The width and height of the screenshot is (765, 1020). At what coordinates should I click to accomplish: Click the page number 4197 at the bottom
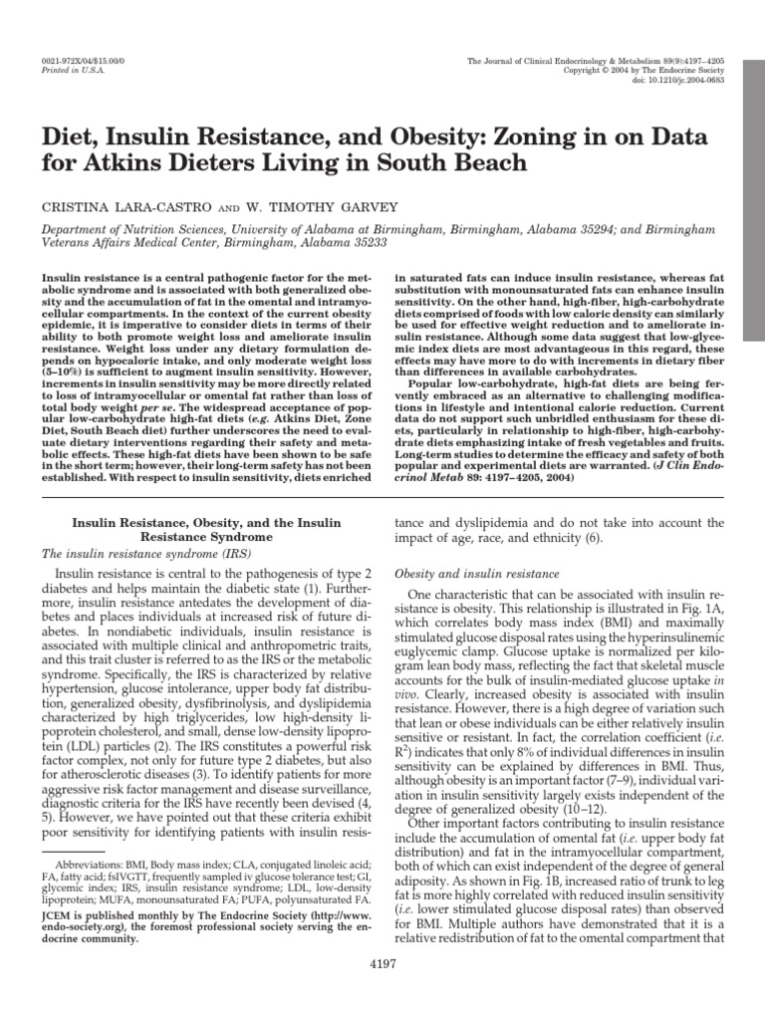point(383,992)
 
